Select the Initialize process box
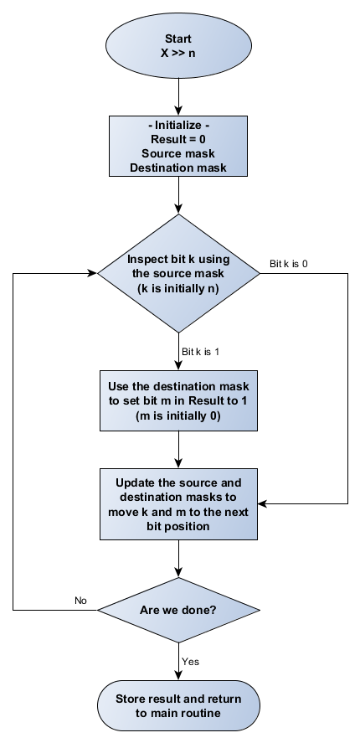coord(179,147)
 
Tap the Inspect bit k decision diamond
coord(179,272)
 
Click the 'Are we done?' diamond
coord(179,610)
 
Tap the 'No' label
coord(81,601)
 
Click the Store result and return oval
coord(179,706)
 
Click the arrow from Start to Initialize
coord(179,98)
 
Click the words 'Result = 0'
coord(179,140)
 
